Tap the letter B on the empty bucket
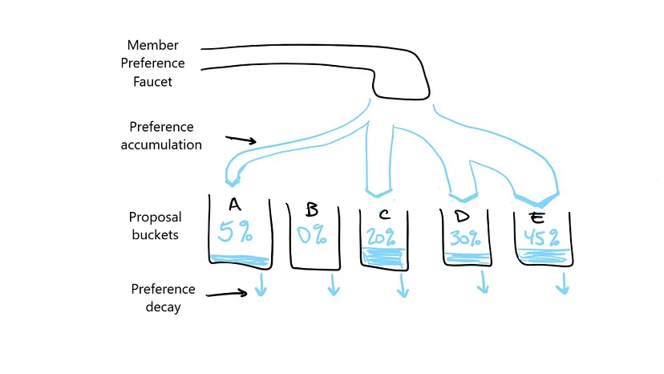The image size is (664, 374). pos(312,210)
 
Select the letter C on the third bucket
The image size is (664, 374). pos(385,213)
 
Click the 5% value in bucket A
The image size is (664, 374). pos(236,233)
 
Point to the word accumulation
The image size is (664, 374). pos(161,145)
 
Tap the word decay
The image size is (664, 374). pos(164,307)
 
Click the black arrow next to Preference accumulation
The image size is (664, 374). pos(241,140)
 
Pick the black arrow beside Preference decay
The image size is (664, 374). pos(228,293)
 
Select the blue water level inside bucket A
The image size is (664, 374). pos(238,259)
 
